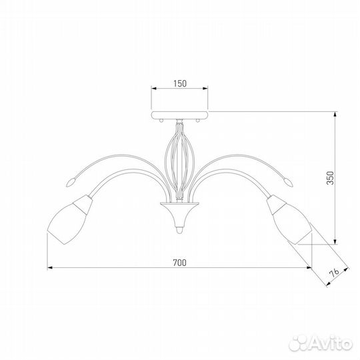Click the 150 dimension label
[x=178, y=84]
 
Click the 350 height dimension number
[x=339, y=179]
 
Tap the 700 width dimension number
[x=178, y=262]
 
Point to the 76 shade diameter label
[x=337, y=272]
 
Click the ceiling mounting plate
[x=179, y=114]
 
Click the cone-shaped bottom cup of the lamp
[x=179, y=213]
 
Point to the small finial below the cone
[x=179, y=231]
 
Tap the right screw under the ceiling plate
[x=197, y=120]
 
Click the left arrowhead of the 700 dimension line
[x=51, y=269]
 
